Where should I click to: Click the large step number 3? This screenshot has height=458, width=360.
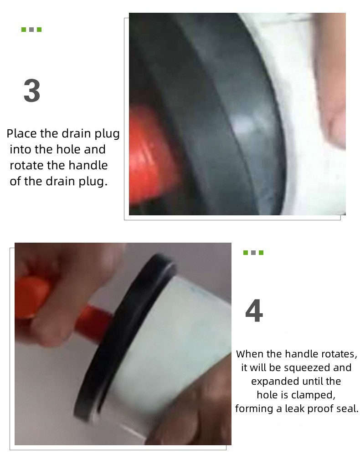[31, 91]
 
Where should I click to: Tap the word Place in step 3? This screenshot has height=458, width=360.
[21, 133]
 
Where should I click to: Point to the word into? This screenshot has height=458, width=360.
[21, 149]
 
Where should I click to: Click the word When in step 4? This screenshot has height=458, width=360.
[250, 354]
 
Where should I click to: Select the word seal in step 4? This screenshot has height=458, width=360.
[349, 409]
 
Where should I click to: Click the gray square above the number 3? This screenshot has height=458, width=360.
[31, 30]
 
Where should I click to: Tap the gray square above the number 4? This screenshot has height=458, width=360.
[253, 253]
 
